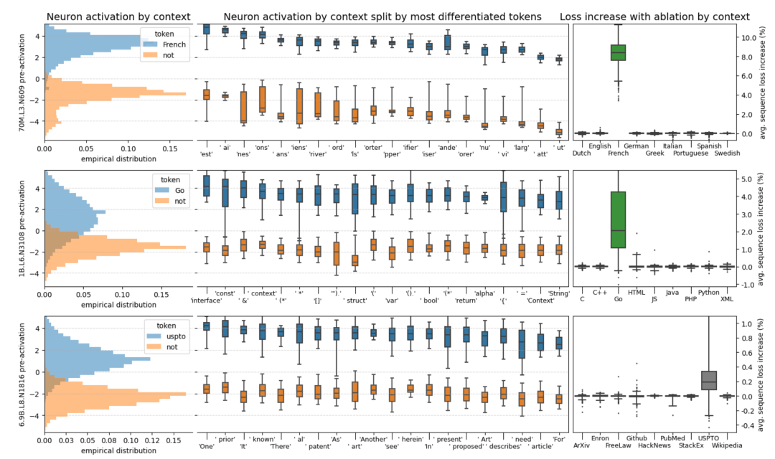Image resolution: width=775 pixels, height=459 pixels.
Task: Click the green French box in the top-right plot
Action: pyautogui.click(x=618, y=52)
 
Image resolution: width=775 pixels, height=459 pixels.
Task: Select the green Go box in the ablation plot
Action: pyautogui.click(x=618, y=219)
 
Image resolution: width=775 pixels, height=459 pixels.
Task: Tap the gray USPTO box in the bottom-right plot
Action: pyautogui.click(x=708, y=379)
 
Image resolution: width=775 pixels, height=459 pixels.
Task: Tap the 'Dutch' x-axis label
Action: pyautogui.click(x=583, y=153)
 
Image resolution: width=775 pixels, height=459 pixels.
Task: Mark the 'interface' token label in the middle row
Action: pyautogui.click(x=206, y=301)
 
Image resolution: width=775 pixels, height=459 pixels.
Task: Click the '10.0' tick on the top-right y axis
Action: pyautogui.click(x=746, y=37)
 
